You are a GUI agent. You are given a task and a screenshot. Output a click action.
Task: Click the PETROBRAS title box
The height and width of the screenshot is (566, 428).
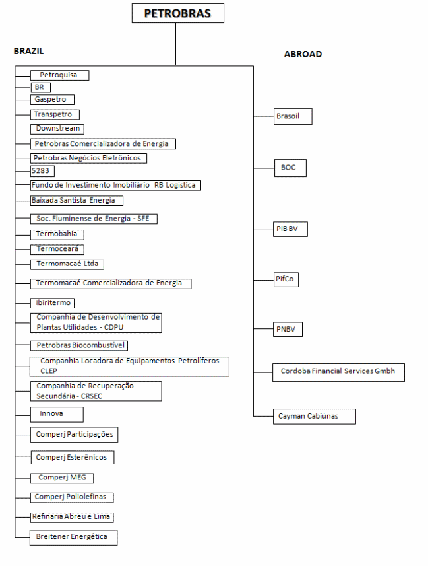177,13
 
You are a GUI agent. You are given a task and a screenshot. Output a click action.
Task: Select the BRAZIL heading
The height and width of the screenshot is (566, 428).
28,51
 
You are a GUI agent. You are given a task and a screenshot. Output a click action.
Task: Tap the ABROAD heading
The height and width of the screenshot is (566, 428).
303,54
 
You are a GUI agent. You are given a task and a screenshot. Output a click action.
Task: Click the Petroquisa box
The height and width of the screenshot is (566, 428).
59,75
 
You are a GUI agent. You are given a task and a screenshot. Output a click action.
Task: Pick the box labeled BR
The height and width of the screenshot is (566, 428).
40,87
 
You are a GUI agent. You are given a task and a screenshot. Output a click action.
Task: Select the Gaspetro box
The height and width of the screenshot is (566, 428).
52,100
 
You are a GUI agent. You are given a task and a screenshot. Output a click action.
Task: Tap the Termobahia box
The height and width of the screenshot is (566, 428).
57,234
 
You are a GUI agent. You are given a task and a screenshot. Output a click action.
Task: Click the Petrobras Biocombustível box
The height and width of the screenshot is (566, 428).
79,345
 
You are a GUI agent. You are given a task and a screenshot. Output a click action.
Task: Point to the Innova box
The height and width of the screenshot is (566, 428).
57,414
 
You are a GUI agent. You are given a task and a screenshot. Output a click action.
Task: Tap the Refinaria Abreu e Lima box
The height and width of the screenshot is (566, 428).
71,517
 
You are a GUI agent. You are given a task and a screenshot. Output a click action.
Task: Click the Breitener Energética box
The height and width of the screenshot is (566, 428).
73,537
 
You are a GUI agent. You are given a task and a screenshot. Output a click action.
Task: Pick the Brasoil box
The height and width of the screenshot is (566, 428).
293,116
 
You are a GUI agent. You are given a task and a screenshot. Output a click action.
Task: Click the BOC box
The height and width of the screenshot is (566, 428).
290,168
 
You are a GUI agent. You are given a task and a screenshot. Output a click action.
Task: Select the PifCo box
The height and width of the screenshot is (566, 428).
286,280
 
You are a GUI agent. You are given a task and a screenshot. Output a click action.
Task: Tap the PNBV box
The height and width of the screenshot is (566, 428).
288,329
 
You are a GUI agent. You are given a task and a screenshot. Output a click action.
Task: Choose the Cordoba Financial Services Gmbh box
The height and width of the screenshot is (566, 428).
338,372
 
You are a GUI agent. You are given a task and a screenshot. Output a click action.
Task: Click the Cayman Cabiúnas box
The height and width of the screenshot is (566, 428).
315,416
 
